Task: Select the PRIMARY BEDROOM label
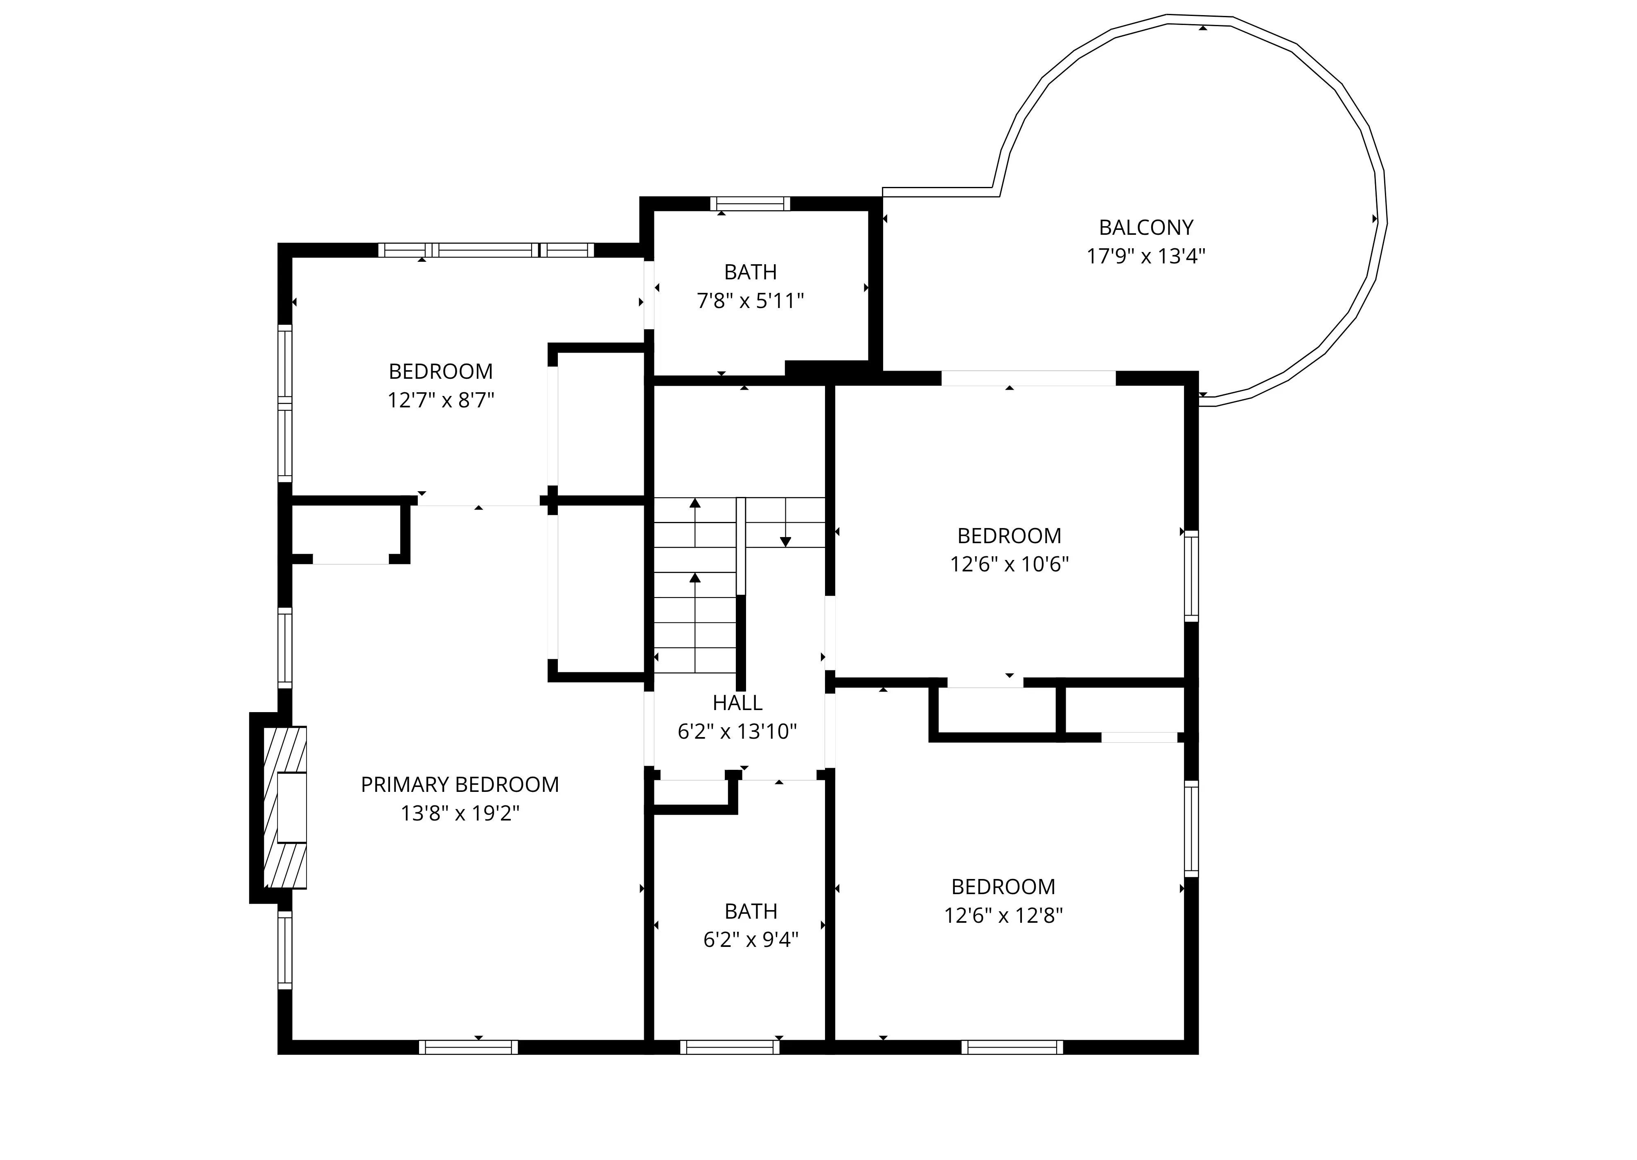coord(460,784)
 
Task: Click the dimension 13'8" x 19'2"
coord(460,813)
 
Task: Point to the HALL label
coord(737,703)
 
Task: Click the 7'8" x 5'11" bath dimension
coord(750,301)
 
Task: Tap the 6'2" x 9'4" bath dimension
coord(750,939)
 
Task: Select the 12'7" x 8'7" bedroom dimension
coord(441,400)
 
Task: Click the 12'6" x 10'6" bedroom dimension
coord(1009,564)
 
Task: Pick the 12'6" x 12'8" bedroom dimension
coord(1003,915)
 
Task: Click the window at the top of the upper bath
coord(750,204)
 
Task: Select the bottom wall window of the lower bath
coord(730,1047)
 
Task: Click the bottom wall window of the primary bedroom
coord(468,1047)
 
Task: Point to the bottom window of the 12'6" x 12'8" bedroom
coord(1012,1047)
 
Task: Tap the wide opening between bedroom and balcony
coord(1028,378)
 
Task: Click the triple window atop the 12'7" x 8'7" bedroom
coord(486,250)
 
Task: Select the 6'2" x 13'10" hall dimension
coord(737,731)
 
